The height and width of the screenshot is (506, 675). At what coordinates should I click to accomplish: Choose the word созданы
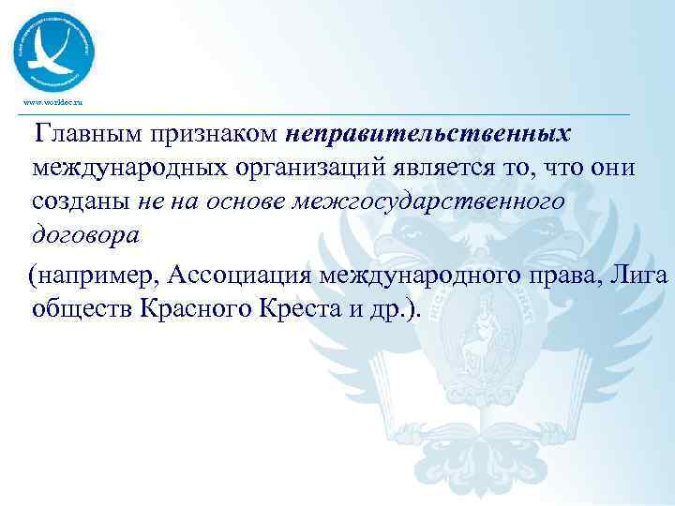tap(82, 201)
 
